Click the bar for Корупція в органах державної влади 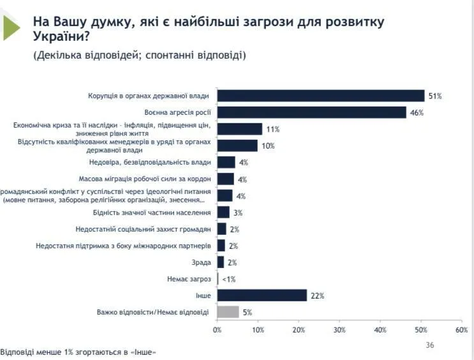click(x=321, y=96)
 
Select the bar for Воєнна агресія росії click(x=312, y=112)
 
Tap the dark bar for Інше click(x=262, y=296)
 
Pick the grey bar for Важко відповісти click(x=228, y=312)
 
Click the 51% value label click(x=435, y=96)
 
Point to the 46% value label click(x=417, y=113)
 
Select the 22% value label click(x=318, y=296)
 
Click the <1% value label click(x=229, y=279)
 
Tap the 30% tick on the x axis click(x=339, y=330)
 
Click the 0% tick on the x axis click(x=218, y=330)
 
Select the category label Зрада click(x=202, y=262)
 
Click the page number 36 click(x=429, y=345)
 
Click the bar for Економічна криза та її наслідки click(x=240, y=129)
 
